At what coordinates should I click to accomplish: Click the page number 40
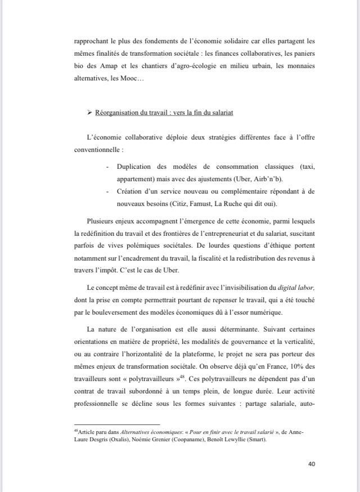(311, 463)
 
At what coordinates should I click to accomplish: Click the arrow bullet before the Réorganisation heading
(89, 113)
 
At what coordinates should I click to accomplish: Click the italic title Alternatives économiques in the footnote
(143, 432)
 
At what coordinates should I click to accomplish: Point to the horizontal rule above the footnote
(117, 424)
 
